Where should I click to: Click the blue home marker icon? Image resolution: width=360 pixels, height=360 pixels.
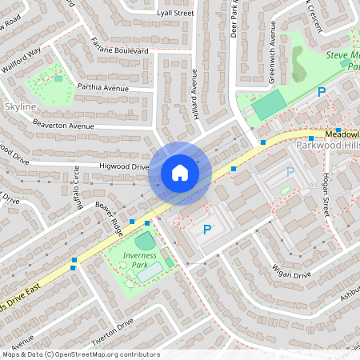click(x=180, y=173)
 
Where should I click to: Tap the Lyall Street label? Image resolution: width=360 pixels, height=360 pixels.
click(x=175, y=14)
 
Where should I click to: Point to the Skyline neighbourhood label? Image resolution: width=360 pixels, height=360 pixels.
click(x=20, y=106)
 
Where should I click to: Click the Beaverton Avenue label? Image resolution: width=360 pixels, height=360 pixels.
click(x=63, y=125)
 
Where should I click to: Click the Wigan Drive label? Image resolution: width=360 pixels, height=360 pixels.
click(x=290, y=274)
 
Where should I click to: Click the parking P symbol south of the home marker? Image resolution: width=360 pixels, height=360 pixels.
click(x=207, y=230)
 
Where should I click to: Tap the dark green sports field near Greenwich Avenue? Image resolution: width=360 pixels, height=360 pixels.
click(x=269, y=104)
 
